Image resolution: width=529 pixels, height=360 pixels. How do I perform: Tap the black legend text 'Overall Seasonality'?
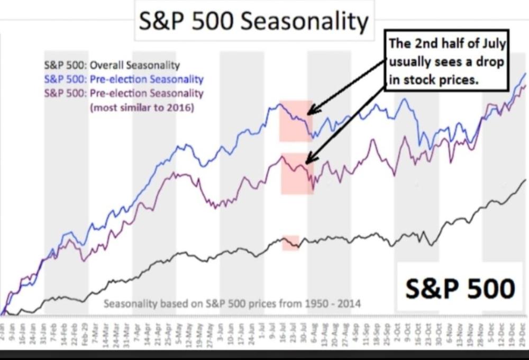pos(135,66)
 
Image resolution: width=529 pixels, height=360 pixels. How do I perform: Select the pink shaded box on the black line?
pos(290,243)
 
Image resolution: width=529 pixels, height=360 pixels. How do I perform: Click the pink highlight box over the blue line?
pos(296,121)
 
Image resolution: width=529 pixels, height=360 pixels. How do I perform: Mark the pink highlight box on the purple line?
pos(297,174)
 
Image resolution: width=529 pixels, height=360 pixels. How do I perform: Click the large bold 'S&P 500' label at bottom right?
pos(460,289)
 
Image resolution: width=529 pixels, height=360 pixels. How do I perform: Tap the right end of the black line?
pos(525,180)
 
